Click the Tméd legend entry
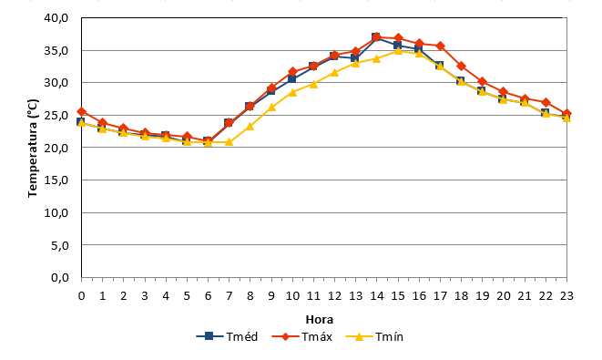[x=227, y=336]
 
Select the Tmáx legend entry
[x=301, y=336]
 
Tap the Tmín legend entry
[x=374, y=336]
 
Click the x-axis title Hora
[x=320, y=319]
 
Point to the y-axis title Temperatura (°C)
[x=33, y=149]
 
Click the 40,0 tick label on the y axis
[x=56, y=18]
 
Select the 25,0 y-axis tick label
[x=56, y=115]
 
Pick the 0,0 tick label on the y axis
[x=59, y=277]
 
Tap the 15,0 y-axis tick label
[x=56, y=180]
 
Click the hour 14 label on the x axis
[x=377, y=296]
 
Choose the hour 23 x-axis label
[x=566, y=296]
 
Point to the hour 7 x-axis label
[x=230, y=296]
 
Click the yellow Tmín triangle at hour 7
[x=229, y=142]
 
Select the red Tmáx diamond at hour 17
[x=440, y=46]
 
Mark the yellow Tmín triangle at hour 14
[x=377, y=58]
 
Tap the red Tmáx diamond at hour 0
[x=81, y=112]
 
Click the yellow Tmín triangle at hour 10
[x=292, y=92]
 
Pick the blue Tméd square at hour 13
[x=355, y=58]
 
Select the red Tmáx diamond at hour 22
[x=546, y=103]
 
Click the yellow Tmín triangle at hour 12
[x=334, y=72]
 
